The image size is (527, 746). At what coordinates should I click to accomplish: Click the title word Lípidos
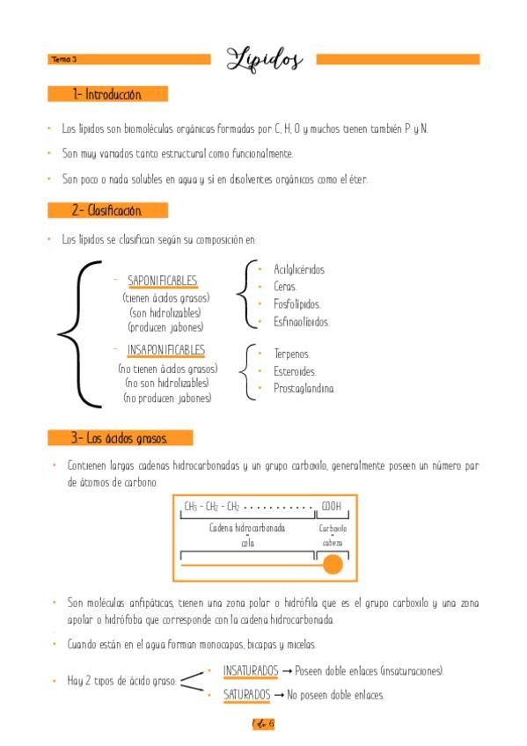pos(264,59)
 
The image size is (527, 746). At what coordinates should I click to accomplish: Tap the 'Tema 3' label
pos(64,60)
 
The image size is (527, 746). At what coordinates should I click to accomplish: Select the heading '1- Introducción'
pos(106,94)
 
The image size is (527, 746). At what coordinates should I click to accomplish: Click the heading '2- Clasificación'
pos(106,211)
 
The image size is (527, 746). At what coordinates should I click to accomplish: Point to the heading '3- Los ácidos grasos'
pos(120,437)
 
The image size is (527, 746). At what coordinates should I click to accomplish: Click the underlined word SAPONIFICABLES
pos(163,282)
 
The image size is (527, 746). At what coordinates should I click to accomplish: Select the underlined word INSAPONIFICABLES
pos(165,350)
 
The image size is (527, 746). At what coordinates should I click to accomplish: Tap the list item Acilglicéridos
pos(299,270)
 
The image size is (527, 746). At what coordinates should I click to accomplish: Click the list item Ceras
pos(285,287)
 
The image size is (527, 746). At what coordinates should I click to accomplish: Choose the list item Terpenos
pos(291,354)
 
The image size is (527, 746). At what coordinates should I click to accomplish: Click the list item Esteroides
pos(295,371)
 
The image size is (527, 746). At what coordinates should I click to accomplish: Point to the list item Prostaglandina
pos(304,388)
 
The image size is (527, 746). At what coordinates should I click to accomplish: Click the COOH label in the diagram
pos(331,507)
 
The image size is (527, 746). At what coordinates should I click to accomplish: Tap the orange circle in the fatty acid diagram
pos(333,565)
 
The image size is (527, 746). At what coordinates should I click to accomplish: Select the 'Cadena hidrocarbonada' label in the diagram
pos(246,529)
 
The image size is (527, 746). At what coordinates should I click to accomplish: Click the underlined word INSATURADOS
pos(251,671)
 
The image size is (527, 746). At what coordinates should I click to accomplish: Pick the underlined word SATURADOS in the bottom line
pos(246,694)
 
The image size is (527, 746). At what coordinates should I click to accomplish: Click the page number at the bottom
pos(263,724)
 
